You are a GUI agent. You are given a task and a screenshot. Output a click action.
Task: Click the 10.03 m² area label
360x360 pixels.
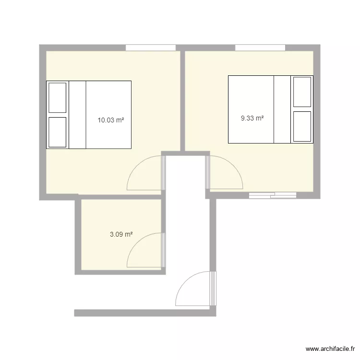pos(111,120)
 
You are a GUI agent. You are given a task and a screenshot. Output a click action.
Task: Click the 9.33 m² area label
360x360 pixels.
pos(252,118)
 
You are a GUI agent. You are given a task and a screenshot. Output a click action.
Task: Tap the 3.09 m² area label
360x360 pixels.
pos(121,235)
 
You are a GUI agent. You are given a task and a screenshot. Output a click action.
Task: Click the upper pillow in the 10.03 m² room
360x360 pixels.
pos(57,97)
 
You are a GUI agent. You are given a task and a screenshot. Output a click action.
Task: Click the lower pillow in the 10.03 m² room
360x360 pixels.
pos(57,132)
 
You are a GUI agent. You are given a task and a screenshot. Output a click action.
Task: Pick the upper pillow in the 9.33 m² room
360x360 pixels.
pos(302,91)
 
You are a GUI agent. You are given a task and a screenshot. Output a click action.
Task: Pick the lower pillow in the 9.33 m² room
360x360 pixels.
pos(302,126)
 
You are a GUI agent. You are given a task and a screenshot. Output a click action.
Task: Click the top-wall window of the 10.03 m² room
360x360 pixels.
pos(151,48)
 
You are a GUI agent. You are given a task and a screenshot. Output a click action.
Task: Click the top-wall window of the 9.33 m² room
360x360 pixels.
pos(260,48)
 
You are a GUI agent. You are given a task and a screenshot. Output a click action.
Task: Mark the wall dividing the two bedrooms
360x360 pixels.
pos(182,101)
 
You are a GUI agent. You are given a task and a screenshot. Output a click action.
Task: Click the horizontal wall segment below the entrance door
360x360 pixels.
pos(144,313)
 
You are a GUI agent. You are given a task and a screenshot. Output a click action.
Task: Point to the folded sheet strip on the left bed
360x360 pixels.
pos(77,114)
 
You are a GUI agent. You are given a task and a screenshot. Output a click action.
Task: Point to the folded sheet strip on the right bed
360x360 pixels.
pos(282,109)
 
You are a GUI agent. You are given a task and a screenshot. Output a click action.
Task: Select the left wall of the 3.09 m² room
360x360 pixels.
pos(78,235)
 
